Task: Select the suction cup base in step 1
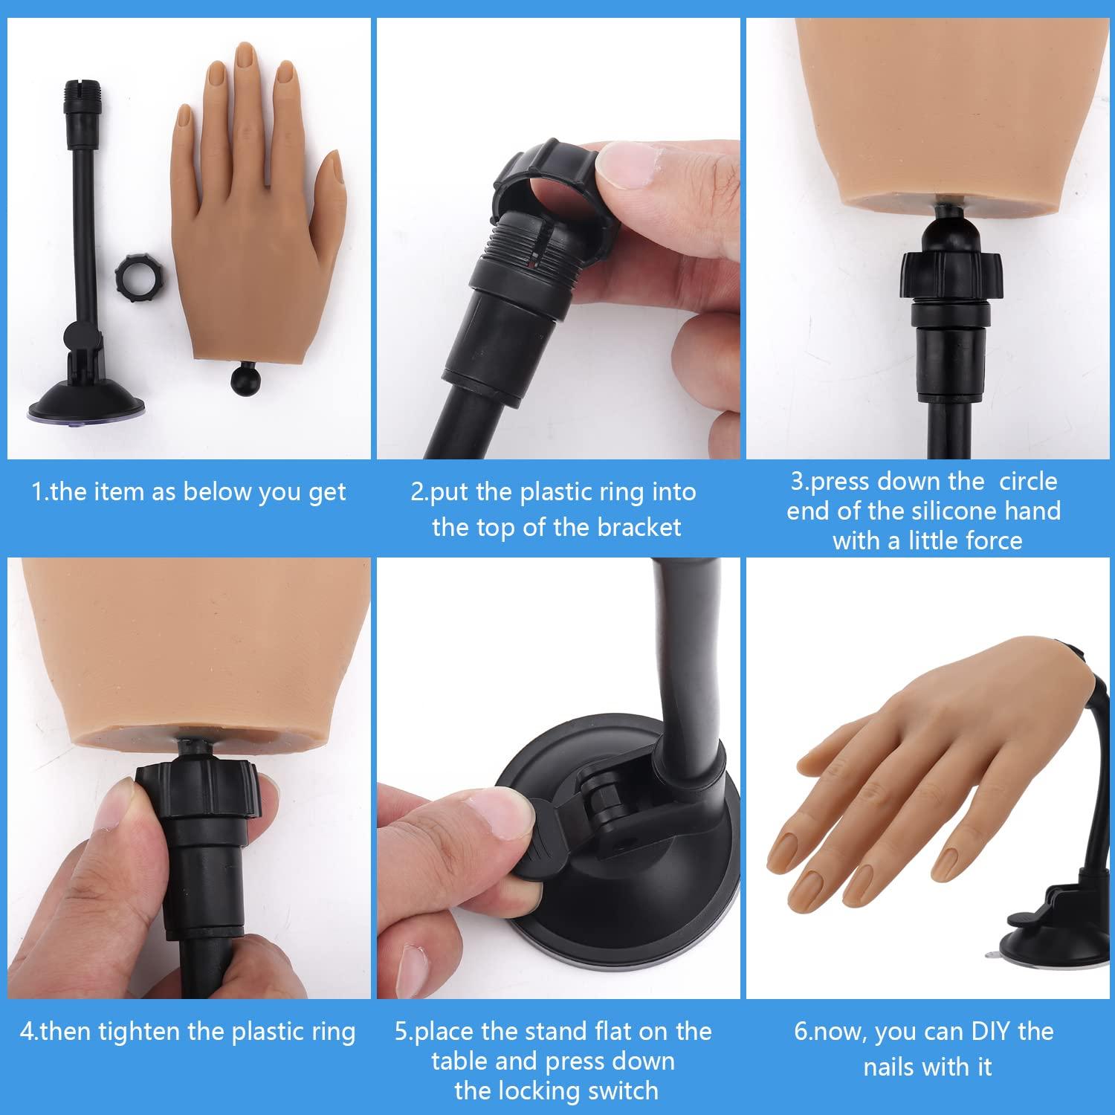pos(85,406)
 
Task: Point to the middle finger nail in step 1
pos(245,58)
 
